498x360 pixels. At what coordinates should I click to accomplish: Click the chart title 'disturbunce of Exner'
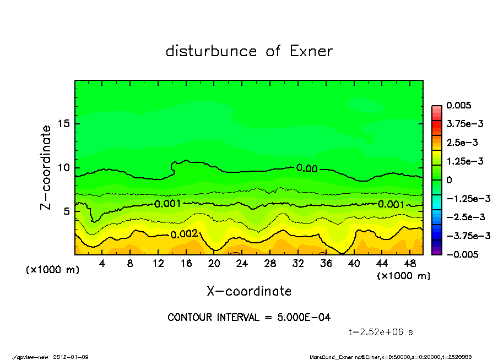click(249, 51)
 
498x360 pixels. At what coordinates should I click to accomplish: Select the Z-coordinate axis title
click(46, 167)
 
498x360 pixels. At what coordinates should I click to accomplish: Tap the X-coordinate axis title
click(249, 291)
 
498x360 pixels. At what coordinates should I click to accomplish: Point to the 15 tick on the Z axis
click(64, 124)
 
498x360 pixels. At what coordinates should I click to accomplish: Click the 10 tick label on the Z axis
click(64, 167)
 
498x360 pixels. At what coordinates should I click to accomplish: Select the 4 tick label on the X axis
click(102, 264)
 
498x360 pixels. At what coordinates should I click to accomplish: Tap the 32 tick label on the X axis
click(299, 264)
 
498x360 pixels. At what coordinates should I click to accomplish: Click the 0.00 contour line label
click(307, 168)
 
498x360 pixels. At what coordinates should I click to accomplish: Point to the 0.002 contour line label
click(184, 234)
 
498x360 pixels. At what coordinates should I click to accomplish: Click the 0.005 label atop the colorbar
click(460, 105)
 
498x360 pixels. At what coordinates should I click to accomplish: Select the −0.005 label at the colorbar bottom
click(462, 254)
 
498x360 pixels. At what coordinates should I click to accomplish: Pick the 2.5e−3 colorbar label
click(462, 143)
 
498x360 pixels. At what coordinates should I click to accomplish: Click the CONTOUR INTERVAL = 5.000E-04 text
click(249, 318)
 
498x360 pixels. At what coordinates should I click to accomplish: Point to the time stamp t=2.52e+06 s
click(381, 332)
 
